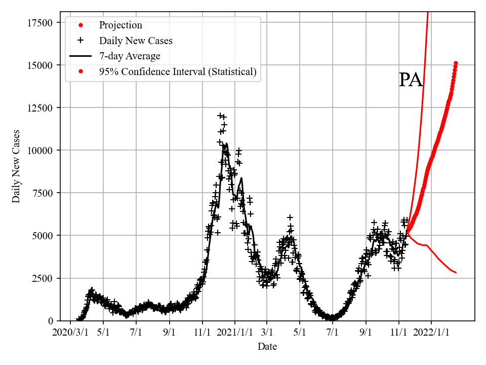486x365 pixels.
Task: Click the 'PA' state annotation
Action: (x=411, y=80)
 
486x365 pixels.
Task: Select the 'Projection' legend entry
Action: (x=120, y=25)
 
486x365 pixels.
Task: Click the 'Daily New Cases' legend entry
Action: (x=136, y=41)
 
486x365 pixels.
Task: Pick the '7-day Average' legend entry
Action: (x=130, y=56)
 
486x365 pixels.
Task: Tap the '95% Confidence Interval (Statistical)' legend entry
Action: (x=177, y=71)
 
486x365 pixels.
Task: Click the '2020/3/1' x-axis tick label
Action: (x=70, y=333)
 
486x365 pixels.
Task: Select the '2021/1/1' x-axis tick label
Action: (x=235, y=333)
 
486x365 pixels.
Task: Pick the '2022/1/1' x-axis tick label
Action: (x=431, y=333)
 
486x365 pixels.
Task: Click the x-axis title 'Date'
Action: (x=267, y=347)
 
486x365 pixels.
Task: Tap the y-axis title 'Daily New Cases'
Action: (x=17, y=166)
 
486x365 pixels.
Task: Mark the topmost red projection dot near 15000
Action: (x=456, y=63)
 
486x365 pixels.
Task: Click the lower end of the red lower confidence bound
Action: (x=456, y=273)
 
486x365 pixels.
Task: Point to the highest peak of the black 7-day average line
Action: (x=226, y=143)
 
